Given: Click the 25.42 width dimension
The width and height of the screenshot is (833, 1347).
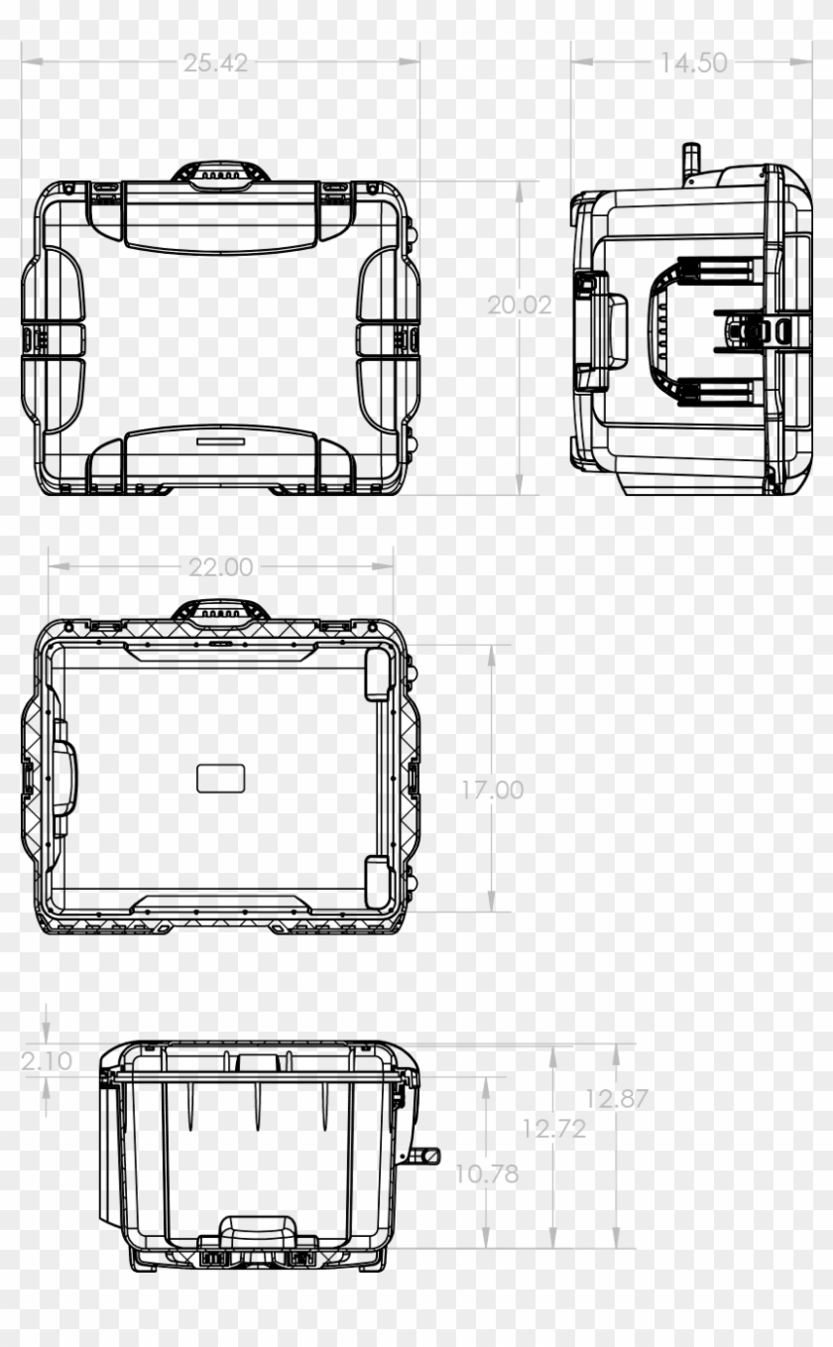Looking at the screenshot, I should [215, 62].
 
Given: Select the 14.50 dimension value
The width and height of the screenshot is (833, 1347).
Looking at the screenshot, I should [693, 62].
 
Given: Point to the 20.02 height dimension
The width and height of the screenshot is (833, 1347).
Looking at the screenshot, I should [519, 306].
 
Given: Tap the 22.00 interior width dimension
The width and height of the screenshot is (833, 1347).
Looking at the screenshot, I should [221, 566].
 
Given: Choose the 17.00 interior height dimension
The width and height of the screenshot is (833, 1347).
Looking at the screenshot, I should [491, 791].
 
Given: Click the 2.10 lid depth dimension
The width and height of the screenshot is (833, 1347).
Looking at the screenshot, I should [47, 1060].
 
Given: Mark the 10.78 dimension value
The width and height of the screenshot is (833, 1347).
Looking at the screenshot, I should [487, 1173].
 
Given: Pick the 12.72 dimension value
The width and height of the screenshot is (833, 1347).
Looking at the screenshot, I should [553, 1128].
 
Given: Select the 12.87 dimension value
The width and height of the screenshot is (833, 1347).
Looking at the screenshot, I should [616, 1099].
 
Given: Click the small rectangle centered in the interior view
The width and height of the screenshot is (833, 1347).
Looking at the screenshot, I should [221, 779].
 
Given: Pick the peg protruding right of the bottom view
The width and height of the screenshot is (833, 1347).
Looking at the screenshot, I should [428, 1156].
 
